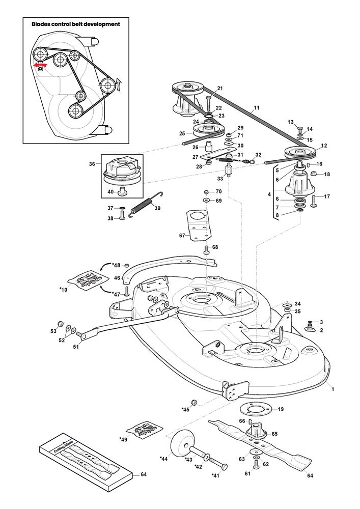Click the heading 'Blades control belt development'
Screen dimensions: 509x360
click(x=76, y=24)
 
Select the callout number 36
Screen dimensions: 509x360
click(x=92, y=164)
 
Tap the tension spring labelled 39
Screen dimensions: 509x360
click(x=146, y=204)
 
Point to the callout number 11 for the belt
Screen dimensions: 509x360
click(x=257, y=108)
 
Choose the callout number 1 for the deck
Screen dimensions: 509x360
click(x=333, y=389)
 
